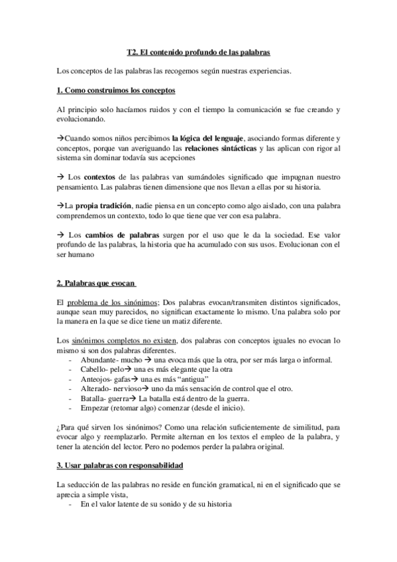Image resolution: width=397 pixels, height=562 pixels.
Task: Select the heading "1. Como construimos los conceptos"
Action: click(116, 89)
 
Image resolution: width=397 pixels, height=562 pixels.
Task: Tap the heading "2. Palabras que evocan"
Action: click(97, 284)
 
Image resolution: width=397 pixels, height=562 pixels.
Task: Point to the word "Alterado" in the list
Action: click(95, 389)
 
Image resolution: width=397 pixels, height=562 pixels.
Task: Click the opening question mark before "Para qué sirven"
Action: click(59, 427)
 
